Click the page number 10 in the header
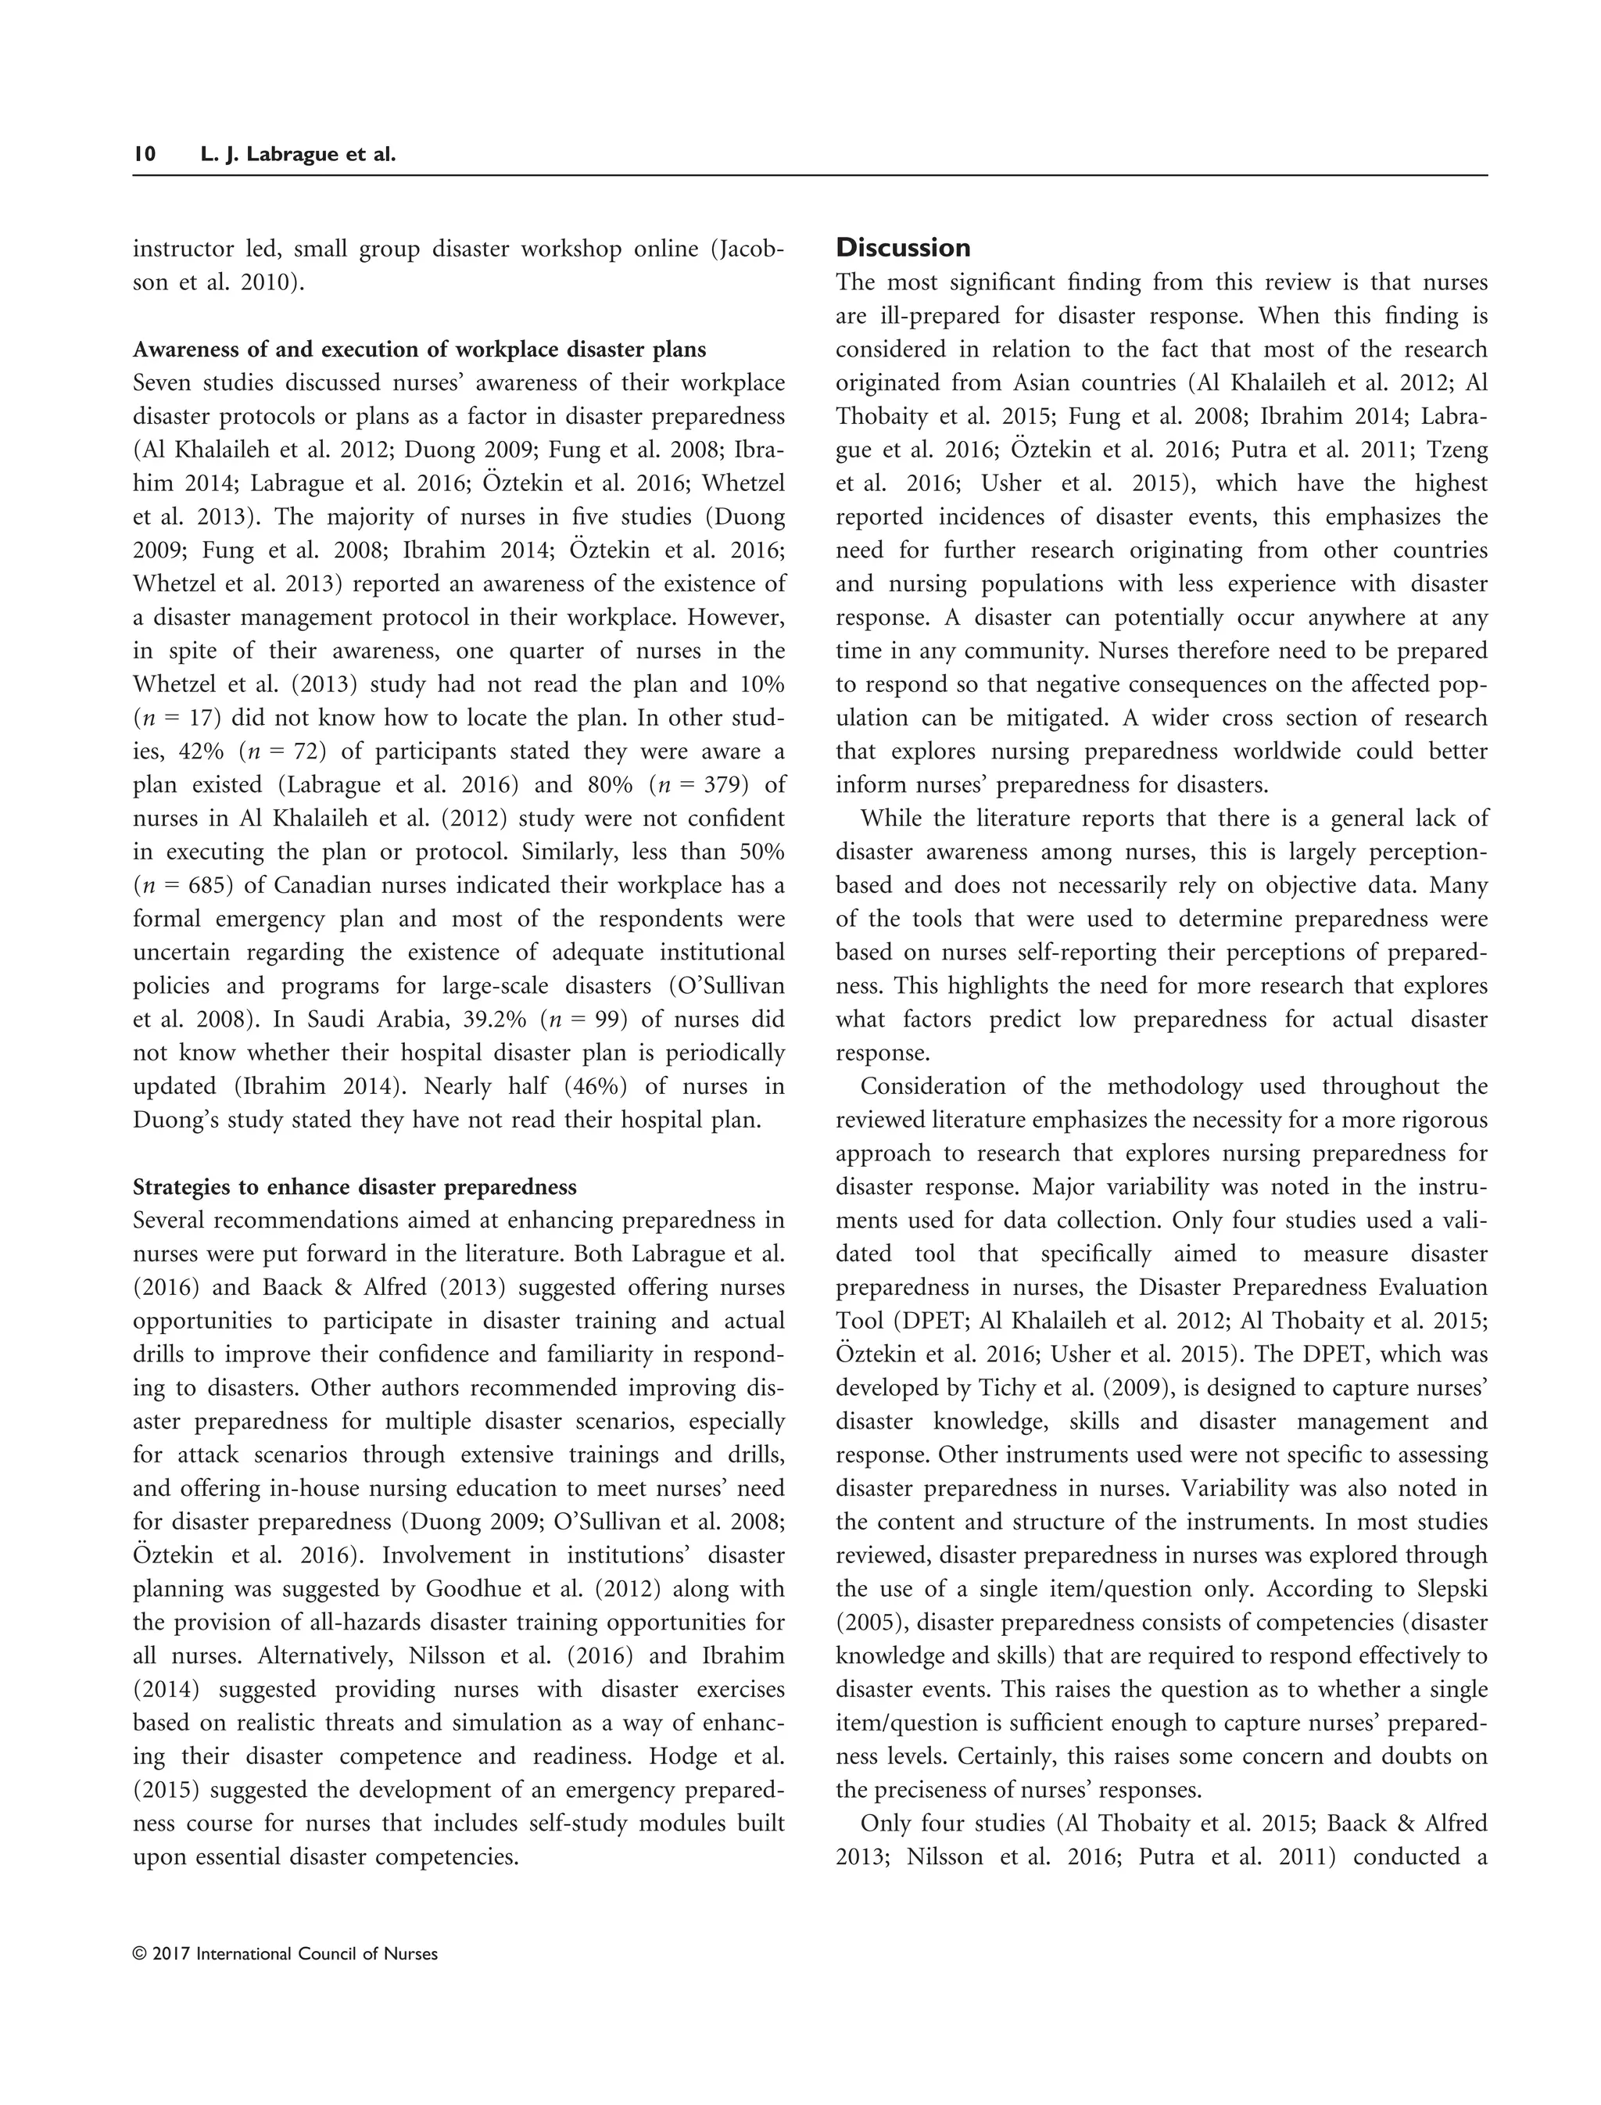tap(144, 153)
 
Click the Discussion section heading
tap(902, 248)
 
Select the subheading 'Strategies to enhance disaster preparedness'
tap(354, 1187)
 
